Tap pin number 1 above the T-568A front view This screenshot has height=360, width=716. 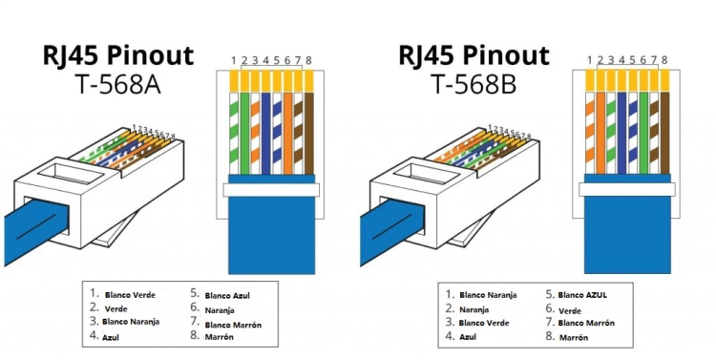point(233,61)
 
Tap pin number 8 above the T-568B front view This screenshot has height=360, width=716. point(663,61)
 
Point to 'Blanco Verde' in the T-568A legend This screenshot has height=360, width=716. point(131,295)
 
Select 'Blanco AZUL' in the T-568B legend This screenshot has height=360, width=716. point(584,295)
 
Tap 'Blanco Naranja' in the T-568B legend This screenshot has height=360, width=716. point(488,295)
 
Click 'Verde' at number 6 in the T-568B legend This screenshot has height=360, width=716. point(570,309)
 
